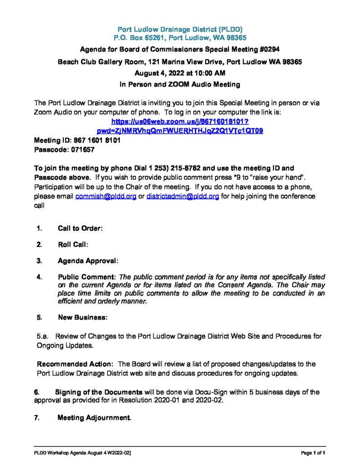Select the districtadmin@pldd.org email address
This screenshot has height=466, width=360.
(183, 196)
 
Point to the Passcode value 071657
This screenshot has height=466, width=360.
(81, 150)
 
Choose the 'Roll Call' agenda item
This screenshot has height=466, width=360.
(72, 245)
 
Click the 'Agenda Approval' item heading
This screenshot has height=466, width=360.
(88, 261)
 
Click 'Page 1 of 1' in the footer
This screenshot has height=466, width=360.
(314, 453)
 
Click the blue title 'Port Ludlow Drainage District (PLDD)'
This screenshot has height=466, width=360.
(180, 29)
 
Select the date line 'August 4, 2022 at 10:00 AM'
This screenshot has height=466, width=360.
(180, 73)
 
